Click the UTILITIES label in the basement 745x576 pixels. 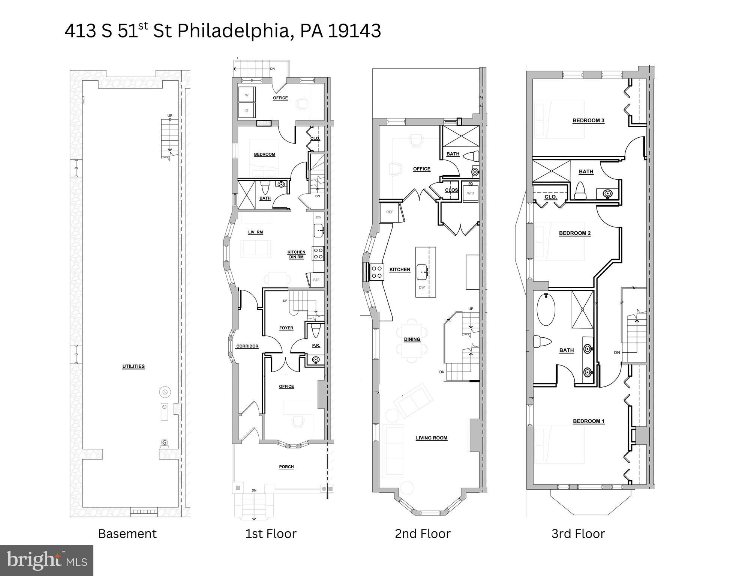click(x=133, y=366)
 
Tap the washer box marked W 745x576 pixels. click(x=247, y=95)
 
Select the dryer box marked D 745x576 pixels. click(x=247, y=110)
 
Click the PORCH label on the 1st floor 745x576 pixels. click(x=286, y=467)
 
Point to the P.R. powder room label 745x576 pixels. click(x=316, y=345)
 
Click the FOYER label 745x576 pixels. click(x=286, y=328)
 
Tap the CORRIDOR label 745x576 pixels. click(x=247, y=346)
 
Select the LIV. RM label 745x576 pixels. click(x=256, y=232)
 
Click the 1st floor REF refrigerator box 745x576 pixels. click(x=316, y=280)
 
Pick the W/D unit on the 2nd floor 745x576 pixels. click(x=471, y=193)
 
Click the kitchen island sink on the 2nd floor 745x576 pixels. click(x=423, y=271)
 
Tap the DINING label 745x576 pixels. click(x=412, y=339)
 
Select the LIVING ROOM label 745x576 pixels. click(x=432, y=438)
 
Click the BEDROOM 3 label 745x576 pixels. click(x=588, y=120)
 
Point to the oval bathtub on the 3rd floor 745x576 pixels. click(x=546, y=310)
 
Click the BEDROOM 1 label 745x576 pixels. click(x=589, y=421)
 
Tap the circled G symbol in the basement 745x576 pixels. click(x=164, y=442)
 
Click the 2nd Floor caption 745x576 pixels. click(x=423, y=534)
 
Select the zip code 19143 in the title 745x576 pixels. click(x=355, y=31)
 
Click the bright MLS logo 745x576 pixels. click(x=46, y=560)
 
